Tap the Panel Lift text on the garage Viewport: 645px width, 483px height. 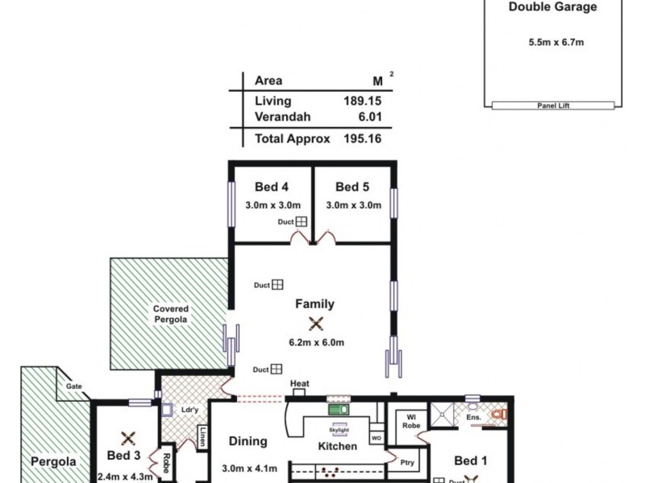pyautogui.click(x=553, y=105)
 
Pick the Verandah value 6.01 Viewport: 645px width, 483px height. pyautogui.click(x=368, y=117)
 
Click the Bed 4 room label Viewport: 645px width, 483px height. pyautogui.click(x=272, y=188)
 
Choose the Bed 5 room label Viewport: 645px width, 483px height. pyautogui.click(x=352, y=188)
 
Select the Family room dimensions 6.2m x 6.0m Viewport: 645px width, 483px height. pyautogui.click(x=316, y=342)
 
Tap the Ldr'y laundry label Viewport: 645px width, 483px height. pyautogui.click(x=190, y=409)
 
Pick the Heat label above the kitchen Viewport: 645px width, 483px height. pyautogui.click(x=300, y=383)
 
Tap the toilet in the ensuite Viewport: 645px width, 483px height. pyautogui.click(x=497, y=415)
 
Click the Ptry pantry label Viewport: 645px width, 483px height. pyautogui.click(x=407, y=463)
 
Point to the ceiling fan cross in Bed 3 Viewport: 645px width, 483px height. pyautogui.click(x=127, y=439)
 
